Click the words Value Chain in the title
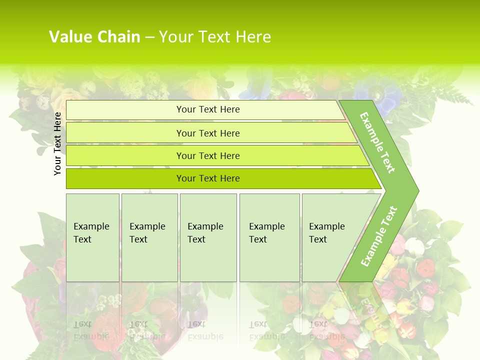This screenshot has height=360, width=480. tap(94, 37)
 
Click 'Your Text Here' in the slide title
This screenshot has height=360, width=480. tap(215, 37)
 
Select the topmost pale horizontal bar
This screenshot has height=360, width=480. tap(125, 110)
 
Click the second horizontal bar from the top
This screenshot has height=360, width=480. tap(125, 133)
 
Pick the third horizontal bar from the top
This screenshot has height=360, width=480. tap(125, 155)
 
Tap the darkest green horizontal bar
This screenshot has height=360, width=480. tap(125, 178)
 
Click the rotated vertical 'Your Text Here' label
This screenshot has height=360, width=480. tap(58, 143)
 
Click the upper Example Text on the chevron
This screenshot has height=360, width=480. tap(377, 142)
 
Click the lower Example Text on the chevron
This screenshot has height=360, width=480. tap(379, 236)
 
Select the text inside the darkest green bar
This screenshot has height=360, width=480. tap(208, 178)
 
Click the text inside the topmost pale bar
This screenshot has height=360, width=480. tap(208, 109)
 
